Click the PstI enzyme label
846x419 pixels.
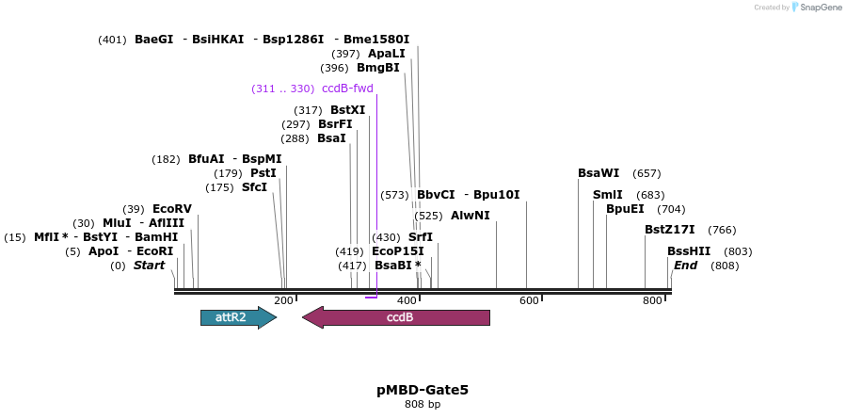pyautogui.click(x=263, y=173)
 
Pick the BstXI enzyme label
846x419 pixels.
pyautogui.click(x=347, y=110)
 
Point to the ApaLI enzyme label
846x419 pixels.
pyautogui.click(x=386, y=54)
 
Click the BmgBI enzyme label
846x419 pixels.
pyautogui.click(x=377, y=68)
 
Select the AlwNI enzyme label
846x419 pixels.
pyautogui.click(x=470, y=216)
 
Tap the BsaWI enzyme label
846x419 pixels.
pyautogui.click(x=599, y=173)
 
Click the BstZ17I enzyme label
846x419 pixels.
pyautogui.click(x=669, y=230)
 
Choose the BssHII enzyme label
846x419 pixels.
pyautogui.click(x=689, y=251)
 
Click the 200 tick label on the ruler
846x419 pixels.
pyautogui.click(x=283, y=300)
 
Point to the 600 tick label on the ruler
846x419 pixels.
pyautogui.click(x=529, y=300)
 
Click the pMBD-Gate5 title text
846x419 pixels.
pyautogui.click(x=423, y=389)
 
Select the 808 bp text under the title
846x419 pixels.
pyautogui.click(x=423, y=404)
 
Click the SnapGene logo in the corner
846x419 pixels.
pyautogui.click(x=816, y=8)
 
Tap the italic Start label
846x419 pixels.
pyautogui.click(x=149, y=266)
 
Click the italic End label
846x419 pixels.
pyautogui.click(x=685, y=266)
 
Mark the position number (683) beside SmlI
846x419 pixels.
pyautogui.click(x=650, y=195)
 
